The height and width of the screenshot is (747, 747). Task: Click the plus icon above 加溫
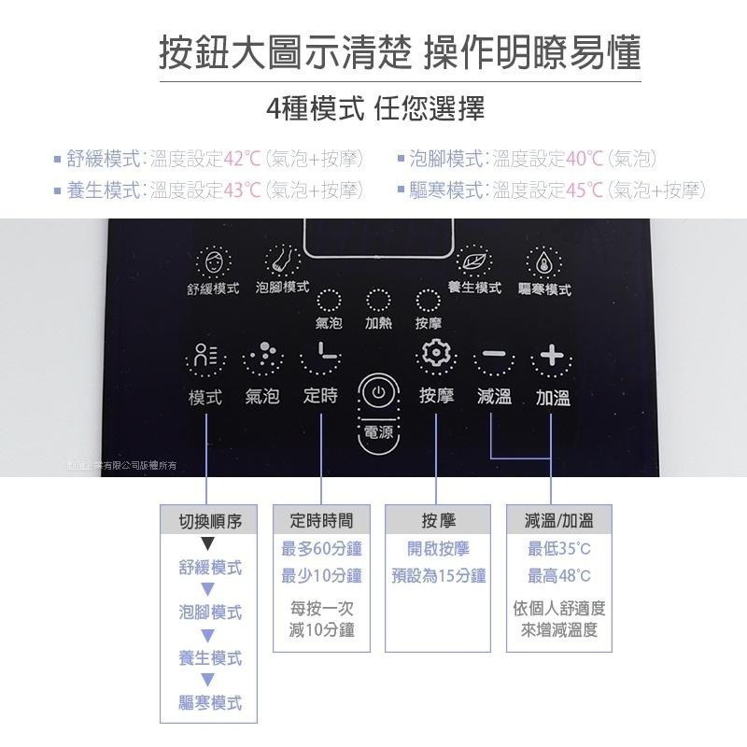tap(552, 357)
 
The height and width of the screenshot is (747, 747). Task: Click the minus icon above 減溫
tap(494, 357)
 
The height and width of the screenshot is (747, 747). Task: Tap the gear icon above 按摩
tap(435, 356)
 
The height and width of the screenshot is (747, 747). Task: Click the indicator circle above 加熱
tap(377, 301)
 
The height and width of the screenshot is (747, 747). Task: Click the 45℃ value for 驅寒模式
tap(584, 190)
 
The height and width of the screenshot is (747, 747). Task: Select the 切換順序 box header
tap(210, 521)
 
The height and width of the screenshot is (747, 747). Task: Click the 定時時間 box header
tap(321, 520)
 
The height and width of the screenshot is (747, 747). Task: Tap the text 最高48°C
tap(559, 576)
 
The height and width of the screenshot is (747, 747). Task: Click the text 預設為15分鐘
tap(438, 576)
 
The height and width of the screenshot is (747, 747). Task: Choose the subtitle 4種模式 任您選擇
tap(373, 108)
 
